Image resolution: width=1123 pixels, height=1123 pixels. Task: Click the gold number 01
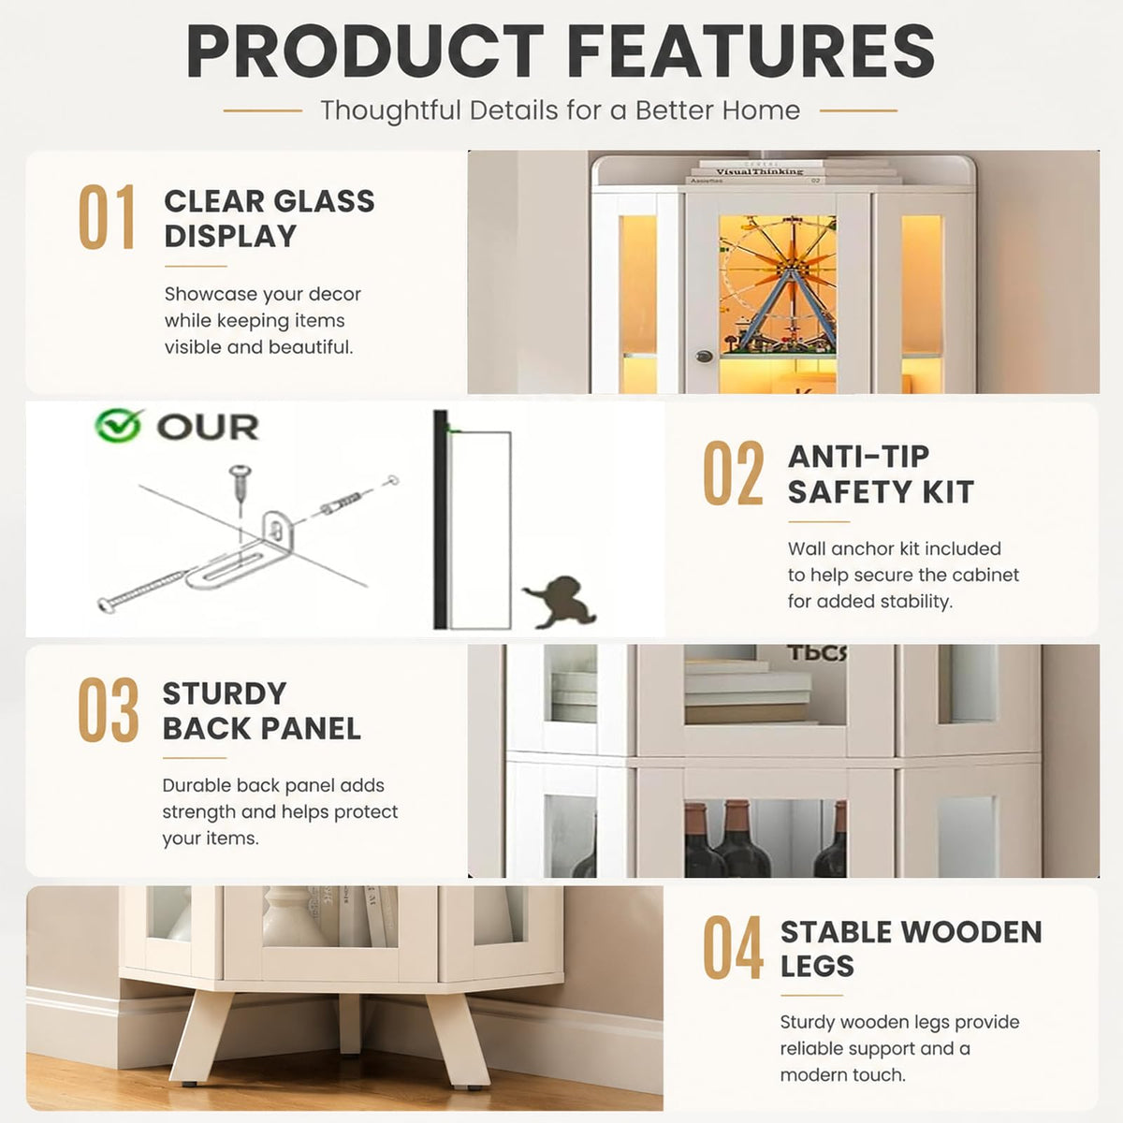[107, 217]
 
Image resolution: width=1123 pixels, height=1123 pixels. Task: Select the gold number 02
[733, 473]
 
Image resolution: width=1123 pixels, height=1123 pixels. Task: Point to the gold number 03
[109, 709]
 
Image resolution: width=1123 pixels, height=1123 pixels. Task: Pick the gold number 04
[733, 947]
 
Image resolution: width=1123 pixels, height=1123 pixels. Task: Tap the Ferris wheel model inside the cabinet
[778, 285]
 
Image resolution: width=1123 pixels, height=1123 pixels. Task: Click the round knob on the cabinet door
[705, 356]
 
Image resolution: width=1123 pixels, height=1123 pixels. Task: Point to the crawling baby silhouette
[560, 602]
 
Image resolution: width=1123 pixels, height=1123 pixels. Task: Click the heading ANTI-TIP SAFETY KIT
[881, 474]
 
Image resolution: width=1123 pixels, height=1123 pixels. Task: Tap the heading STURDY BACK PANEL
[262, 711]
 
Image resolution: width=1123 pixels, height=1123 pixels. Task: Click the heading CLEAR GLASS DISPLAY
[270, 219]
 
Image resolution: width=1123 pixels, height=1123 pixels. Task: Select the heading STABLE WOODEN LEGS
[911, 949]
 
